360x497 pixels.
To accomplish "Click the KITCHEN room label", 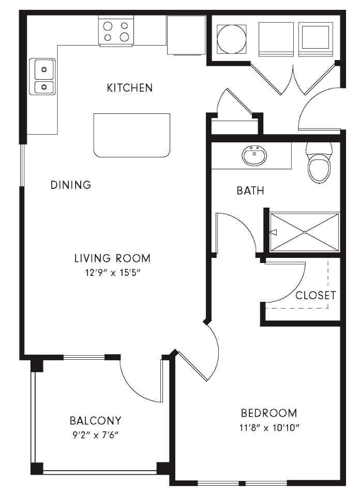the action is click(x=129, y=87).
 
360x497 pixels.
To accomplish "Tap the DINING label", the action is click(x=71, y=184).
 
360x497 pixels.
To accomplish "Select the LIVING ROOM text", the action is click(x=112, y=258).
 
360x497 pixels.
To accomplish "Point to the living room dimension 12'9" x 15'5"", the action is click(x=113, y=273).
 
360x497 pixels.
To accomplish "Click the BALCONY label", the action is click(x=95, y=420).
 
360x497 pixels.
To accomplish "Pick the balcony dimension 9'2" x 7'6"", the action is click(x=95, y=435).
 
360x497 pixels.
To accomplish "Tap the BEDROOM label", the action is click(x=269, y=413).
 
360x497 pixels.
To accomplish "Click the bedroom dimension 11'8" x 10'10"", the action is click(x=269, y=428).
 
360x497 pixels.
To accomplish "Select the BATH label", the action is click(x=250, y=191).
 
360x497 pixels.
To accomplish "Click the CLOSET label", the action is click(x=316, y=296).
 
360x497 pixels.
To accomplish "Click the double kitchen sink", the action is click(x=42, y=77).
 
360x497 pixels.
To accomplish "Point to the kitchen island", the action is click(x=132, y=135).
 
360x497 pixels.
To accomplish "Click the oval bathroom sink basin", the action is click(x=254, y=156).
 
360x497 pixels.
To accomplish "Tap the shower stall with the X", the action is click(x=304, y=232).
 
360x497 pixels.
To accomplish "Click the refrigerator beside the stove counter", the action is click(x=187, y=36).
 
